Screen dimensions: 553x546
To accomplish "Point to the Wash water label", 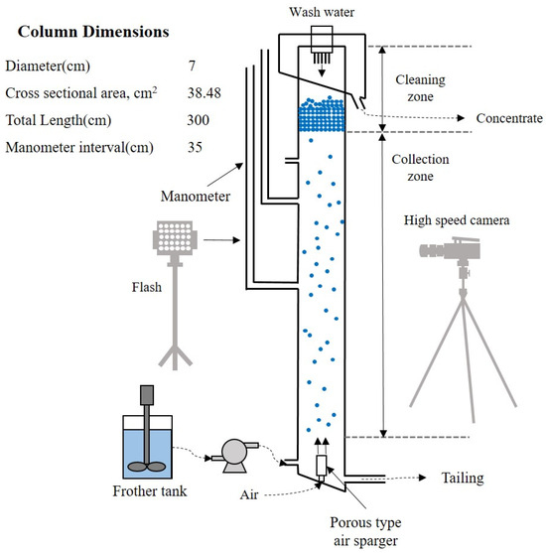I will (x=323, y=12).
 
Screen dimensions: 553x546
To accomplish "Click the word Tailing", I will (x=462, y=478).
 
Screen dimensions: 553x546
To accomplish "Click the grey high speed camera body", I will (x=456, y=256).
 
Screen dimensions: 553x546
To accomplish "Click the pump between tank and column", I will (x=235, y=456).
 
